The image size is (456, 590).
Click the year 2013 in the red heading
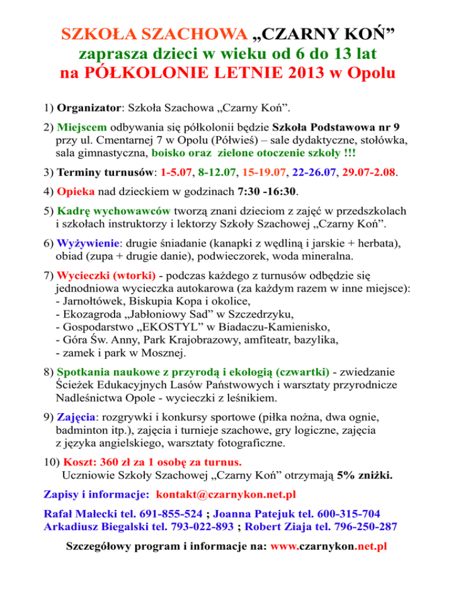[286, 77]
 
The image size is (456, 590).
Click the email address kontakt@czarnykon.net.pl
[226, 494]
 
